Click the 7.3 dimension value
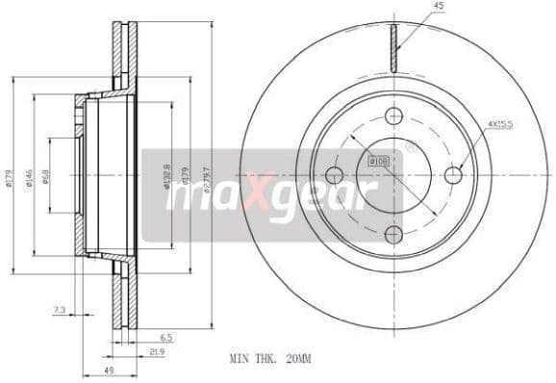point(60,311)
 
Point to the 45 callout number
point(439,8)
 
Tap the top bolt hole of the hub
point(393,115)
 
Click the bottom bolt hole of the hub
point(393,234)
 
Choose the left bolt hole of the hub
point(334,175)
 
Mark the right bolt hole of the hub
point(453,175)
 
